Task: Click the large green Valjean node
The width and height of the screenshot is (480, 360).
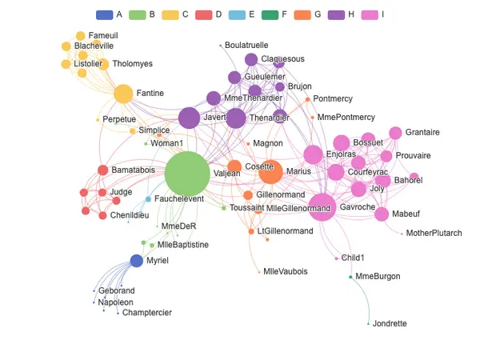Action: point(187,174)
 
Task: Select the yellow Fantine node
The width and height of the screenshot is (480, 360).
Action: point(123,94)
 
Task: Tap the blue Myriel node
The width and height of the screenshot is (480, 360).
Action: point(137,260)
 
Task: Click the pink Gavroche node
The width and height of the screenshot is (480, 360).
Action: point(322,207)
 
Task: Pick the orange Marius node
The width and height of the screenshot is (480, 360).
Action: point(270,172)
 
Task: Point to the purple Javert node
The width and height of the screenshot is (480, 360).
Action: point(189,118)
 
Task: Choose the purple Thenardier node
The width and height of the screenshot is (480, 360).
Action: point(235,118)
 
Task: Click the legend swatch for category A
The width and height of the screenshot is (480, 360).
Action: point(104,14)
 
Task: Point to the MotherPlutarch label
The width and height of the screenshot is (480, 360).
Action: point(434,234)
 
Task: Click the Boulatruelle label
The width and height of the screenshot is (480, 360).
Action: point(246,46)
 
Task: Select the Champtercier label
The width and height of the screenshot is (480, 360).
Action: point(146,313)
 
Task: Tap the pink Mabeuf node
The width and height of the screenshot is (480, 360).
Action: point(382,214)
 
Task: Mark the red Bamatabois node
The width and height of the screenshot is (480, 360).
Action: point(102,170)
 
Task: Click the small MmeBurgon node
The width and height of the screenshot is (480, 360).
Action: point(350,277)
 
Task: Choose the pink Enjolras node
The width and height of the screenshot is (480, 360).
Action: point(313,154)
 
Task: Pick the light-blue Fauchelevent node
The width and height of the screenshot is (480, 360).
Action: point(148,199)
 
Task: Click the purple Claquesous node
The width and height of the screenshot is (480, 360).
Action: point(251,59)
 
